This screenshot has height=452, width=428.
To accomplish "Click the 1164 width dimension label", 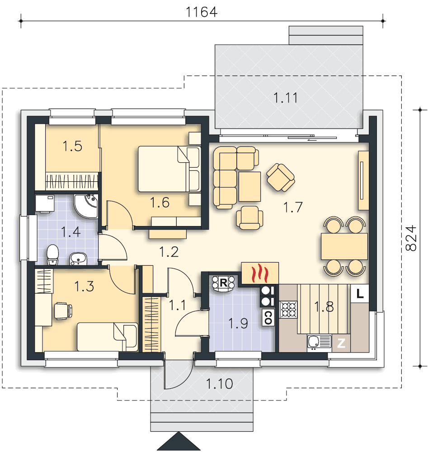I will (x=202, y=12).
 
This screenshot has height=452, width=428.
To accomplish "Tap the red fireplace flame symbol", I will (x=260, y=273).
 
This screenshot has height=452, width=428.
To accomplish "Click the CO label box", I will (x=268, y=318).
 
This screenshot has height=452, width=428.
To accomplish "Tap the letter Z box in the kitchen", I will (x=342, y=344).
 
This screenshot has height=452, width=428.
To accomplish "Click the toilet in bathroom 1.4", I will (x=53, y=254).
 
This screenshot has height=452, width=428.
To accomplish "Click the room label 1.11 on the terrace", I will (x=286, y=97).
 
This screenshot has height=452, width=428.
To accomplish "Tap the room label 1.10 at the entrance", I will (x=220, y=384).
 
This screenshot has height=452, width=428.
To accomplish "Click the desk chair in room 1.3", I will (x=62, y=310).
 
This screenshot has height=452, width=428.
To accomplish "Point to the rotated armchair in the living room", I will (x=281, y=177).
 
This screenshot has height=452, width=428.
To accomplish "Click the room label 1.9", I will (x=238, y=324).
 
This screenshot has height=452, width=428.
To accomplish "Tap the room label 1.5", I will (x=72, y=146).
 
